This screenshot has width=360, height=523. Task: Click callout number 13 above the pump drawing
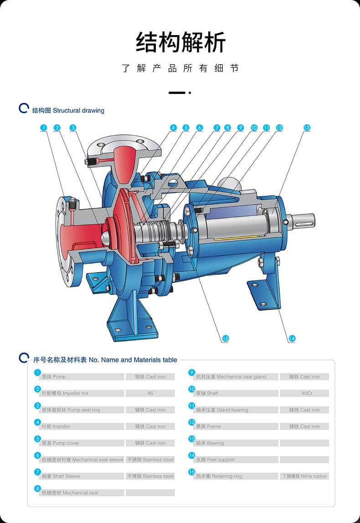click(x=307, y=128)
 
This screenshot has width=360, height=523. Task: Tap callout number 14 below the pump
click(x=292, y=338)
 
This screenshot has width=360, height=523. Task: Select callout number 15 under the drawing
click(x=225, y=338)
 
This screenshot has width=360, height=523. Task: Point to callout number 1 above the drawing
click(x=43, y=128)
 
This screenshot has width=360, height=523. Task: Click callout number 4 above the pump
click(x=173, y=128)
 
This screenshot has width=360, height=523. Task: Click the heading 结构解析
click(x=181, y=43)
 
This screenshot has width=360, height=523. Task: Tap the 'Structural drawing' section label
click(x=68, y=110)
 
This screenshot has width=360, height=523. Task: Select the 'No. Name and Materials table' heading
click(x=105, y=360)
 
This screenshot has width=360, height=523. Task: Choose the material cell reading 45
click(x=150, y=393)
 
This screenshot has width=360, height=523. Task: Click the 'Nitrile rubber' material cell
click(x=304, y=476)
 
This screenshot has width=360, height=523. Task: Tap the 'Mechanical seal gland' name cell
click(x=236, y=377)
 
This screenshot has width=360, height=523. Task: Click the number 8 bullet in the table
click(x=38, y=488)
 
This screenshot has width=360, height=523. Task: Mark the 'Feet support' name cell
click(x=236, y=460)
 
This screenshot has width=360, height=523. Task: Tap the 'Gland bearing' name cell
click(x=236, y=410)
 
